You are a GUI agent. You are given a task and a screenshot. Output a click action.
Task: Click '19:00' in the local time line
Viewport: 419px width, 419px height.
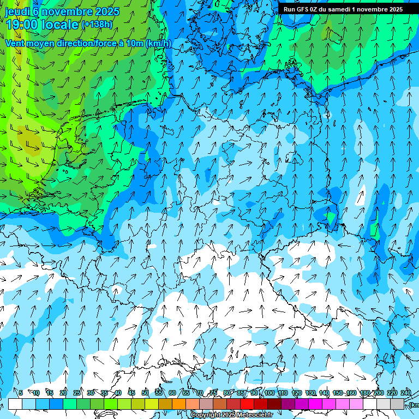(x=22, y=25)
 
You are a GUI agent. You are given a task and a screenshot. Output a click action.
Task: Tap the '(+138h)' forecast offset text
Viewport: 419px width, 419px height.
(x=97, y=25)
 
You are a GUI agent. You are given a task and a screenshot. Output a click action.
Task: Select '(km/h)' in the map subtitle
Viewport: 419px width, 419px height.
(x=158, y=44)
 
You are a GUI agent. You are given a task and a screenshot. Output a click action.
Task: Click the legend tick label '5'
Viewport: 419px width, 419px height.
(x=21, y=393)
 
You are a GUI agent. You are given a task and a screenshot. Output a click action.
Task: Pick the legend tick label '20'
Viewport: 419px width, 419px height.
(x=63, y=393)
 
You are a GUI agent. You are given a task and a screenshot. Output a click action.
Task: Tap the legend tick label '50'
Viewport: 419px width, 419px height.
(x=145, y=393)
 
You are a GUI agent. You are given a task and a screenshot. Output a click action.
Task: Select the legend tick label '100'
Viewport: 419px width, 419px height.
(x=270, y=393)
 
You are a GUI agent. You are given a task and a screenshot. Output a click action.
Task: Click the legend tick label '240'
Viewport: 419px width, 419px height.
(x=406, y=393)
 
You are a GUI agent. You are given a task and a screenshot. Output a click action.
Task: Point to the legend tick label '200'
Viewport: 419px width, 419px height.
(x=379, y=393)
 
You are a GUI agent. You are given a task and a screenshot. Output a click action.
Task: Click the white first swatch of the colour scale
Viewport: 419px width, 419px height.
(x=15, y=404)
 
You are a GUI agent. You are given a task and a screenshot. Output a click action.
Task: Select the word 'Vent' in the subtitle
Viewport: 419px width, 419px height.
(x=15, y=44)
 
